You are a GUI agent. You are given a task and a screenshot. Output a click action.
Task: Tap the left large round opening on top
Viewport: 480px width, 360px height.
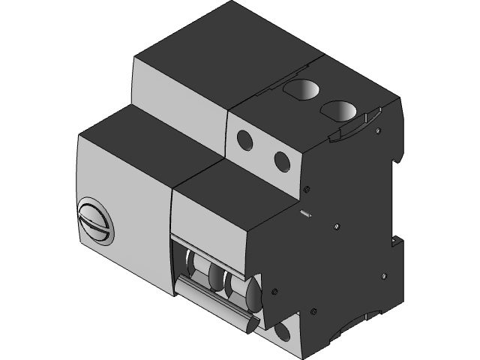point(301,90)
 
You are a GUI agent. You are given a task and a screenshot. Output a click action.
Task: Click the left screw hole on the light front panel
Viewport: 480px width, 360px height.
point(244,139)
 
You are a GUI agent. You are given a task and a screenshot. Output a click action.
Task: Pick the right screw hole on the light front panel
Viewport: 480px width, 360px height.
point(282,160)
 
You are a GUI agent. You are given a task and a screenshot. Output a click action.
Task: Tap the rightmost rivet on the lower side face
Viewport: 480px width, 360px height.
point(385,277)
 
